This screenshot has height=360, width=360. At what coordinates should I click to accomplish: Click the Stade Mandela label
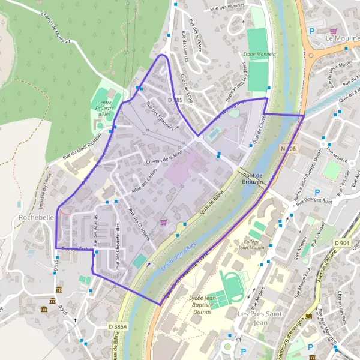[260, 54]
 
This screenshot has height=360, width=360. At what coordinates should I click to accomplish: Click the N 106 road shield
[288, 148]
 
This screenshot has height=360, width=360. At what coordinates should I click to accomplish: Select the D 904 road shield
[341, 242]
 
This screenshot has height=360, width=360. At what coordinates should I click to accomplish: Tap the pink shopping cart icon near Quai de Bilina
[163, 222]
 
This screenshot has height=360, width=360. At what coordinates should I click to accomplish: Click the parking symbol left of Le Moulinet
[311, 31]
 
